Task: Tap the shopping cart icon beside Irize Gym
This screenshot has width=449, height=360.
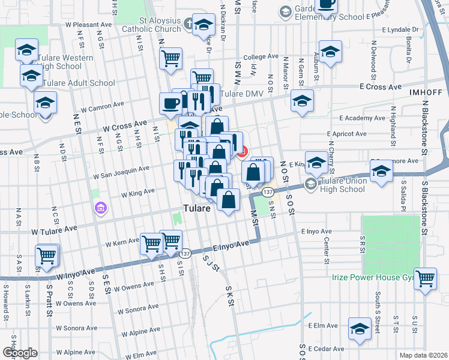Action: click(425, 278)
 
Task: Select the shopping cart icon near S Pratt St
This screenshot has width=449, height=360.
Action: click(47, 255)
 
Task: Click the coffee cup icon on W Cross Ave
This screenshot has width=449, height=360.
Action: click(170, 103)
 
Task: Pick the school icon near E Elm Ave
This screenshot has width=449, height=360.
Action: click(360, 329)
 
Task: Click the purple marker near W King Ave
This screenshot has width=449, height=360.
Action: click(101, 208)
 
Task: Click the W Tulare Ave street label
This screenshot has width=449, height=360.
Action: click(55, 229)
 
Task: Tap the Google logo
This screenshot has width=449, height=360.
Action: click(20, 353)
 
